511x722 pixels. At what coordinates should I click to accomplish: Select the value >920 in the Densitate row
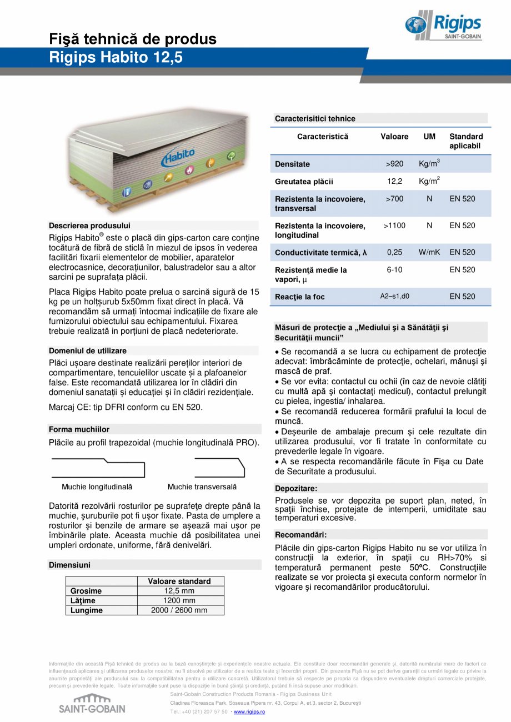[x=394, y=164]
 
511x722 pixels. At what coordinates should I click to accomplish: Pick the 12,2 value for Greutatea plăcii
[x=394, y=182]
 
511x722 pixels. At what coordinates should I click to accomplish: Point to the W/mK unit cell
[x=429, y=252]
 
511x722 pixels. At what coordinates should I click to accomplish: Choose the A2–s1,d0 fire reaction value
[x=394, y=297]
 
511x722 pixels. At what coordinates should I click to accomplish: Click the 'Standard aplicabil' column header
[x=465, y=141]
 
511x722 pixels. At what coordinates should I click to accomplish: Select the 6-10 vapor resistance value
[x=394, y=270]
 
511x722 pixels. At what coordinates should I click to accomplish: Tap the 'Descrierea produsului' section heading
[x=89, y=225]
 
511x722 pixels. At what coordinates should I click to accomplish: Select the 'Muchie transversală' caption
[x=202, y=487]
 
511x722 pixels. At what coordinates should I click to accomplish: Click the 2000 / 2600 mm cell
[x=179, y=610]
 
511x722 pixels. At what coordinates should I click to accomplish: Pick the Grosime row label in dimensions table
[x=86, y=591]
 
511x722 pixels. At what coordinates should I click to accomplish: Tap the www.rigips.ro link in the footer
[x=249, y=711]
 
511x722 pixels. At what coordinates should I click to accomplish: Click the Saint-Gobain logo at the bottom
[x=92, y=704]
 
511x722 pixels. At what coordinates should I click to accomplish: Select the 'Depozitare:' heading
[x=296, y=489]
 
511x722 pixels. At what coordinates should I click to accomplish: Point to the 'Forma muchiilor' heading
[x=79, y=429]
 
